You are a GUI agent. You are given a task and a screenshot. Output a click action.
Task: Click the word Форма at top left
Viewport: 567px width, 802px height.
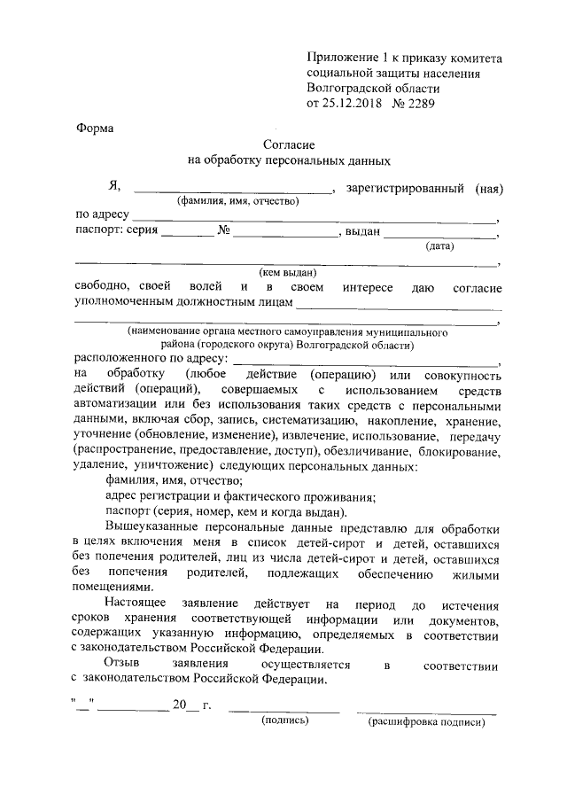[x=94, y=128]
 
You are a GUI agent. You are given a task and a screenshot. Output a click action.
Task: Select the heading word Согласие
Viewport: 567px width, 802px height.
[x=290, y=144]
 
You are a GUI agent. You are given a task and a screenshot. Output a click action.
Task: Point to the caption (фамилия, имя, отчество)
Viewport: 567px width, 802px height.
[x=237, y=202]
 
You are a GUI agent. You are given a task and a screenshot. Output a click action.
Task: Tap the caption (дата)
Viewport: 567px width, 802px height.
[x=440, y=246]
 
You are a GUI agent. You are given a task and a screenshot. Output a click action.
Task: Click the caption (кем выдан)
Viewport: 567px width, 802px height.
[x=288, y=275]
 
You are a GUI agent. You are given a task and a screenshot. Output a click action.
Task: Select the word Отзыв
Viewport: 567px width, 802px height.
[x=121, y=665]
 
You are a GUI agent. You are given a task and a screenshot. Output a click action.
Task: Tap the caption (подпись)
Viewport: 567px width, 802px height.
[x=283, y=722]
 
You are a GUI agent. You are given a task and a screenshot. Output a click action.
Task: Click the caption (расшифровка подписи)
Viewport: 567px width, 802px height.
[x=427, y=722]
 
